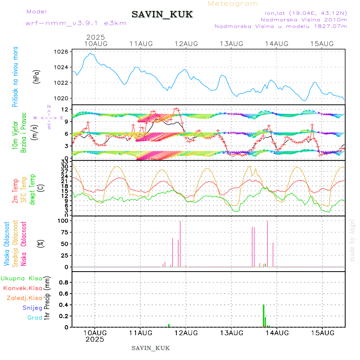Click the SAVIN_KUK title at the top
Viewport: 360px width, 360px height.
tap(162, 15)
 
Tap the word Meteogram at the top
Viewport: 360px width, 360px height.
tap(233, 4)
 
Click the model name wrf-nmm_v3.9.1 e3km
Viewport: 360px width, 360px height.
tap(76, 23)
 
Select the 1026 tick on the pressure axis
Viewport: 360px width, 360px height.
tap(61, 52)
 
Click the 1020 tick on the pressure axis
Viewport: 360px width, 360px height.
tap(61, 98)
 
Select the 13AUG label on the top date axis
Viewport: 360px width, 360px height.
tap(232, 44)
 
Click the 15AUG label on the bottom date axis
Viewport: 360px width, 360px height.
tap(322, 332)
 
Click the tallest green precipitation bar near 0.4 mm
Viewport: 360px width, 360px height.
tap(264, 316)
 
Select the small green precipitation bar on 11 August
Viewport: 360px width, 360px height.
tap(169, 326)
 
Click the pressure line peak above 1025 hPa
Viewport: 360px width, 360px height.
tap(91, 53)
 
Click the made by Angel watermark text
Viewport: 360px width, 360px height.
tap(352, 240)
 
